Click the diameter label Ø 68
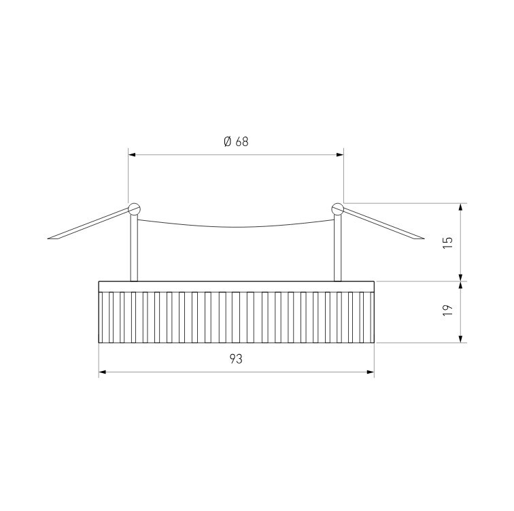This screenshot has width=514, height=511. coord(236,141)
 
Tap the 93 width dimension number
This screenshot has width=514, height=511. coord(236,359)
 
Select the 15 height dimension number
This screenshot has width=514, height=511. coord(448,243)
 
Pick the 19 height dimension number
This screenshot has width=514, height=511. coord(448,310)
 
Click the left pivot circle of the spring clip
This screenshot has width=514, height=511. coord(134,209)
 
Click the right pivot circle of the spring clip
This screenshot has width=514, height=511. coord(338,209)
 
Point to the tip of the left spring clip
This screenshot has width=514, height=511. coord(48,239)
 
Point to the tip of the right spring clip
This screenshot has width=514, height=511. coord(424,238)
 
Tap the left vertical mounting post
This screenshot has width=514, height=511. coord(134,248)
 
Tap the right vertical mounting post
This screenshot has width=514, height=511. coord(338,248)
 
